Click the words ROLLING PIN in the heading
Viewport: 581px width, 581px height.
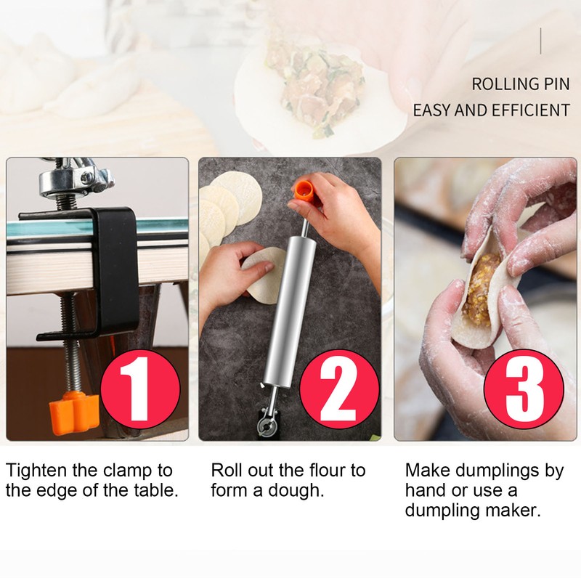(x=521, y=84)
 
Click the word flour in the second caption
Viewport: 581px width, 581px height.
(x=327, y=471)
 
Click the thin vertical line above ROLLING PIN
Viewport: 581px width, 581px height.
(x=540, y=41)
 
